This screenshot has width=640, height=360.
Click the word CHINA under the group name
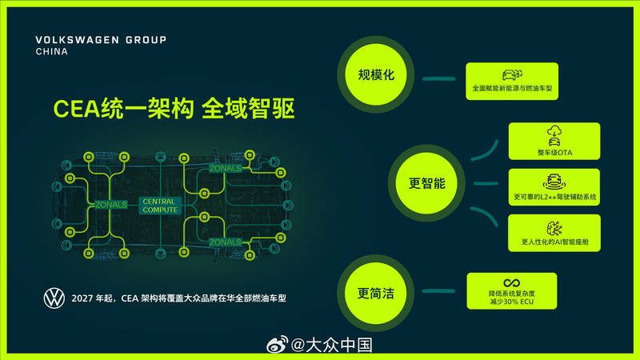point(53,52)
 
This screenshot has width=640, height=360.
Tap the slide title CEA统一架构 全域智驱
point(174,108)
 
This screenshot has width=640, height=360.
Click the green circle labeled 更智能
point(426,183)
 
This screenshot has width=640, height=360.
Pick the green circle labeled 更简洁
point(376,291)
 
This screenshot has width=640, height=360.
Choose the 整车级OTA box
point(554,142)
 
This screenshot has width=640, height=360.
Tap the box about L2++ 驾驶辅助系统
point(554,186)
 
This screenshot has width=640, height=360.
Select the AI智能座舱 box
point(554,232)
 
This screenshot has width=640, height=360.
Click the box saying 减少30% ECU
point(511,290)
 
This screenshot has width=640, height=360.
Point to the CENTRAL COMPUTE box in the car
point(160,205)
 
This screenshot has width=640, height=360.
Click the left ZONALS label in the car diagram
point(110,205)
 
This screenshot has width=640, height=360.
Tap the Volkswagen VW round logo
point(54,298)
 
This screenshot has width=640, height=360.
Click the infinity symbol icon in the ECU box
point(511,282)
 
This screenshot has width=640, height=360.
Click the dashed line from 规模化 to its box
point(438,78)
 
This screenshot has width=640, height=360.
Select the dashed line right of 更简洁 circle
point(438,291)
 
